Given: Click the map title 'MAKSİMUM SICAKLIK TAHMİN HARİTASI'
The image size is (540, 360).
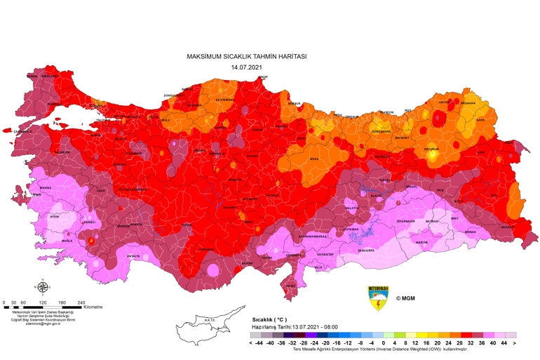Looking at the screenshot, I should [246, 56].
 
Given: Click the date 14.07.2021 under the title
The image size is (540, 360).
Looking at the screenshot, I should [246, 67].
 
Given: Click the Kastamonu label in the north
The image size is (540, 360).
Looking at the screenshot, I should [224, 100].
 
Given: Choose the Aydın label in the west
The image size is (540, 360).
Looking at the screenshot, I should [55, 217].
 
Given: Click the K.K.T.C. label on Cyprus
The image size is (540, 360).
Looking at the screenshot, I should [209, 321].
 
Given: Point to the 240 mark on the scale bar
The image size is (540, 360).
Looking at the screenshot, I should [81, 302].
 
